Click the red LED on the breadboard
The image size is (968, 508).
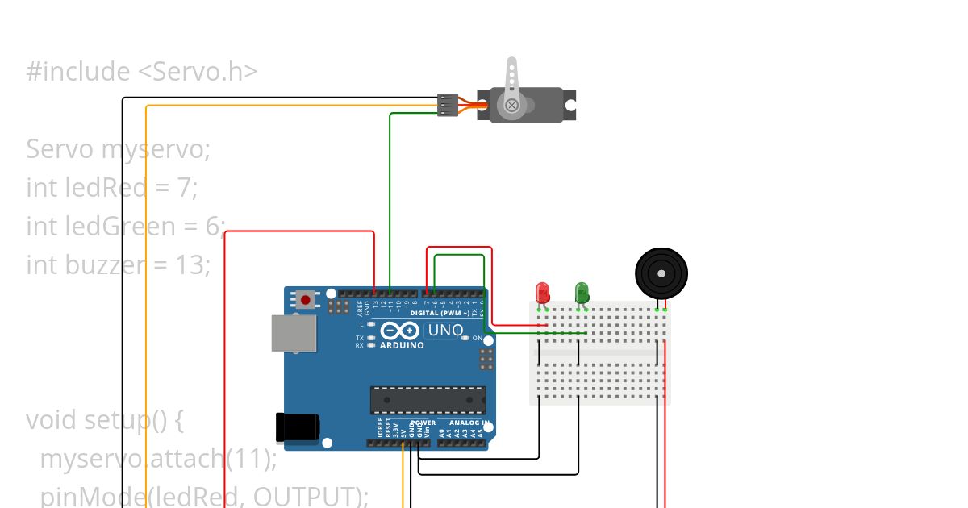coord(542,292)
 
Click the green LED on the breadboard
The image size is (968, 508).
coord(582,292)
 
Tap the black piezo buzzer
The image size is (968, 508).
coord(661,273)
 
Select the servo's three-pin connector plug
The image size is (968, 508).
coord(448,105)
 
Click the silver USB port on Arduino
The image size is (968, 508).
coord(293,333)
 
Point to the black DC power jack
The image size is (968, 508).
coord(297,427)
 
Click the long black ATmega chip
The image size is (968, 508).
coord(428,400)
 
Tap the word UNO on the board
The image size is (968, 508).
coord(444,330)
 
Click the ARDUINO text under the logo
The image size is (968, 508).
coord(402,345)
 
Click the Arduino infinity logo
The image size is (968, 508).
coord(399,331)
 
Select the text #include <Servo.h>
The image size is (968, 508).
coord(142,72)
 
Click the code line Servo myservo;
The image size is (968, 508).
coord(118,149)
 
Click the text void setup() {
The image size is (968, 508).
coord(106,420)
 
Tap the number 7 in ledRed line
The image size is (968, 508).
coord(183,188)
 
